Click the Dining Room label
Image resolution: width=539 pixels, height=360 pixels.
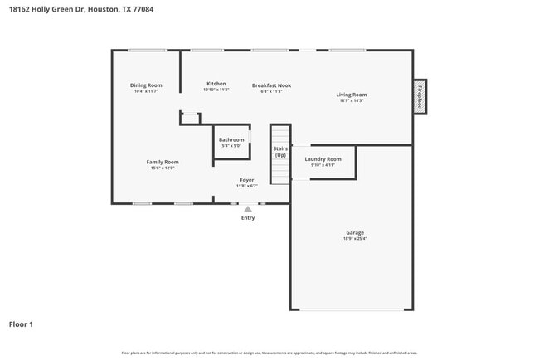point(146,85)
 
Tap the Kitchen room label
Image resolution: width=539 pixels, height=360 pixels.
point(216,84)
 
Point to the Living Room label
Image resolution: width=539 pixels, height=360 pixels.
point(351,95)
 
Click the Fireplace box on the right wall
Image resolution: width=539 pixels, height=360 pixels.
point(420,96)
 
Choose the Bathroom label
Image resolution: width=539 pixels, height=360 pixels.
point(231,139)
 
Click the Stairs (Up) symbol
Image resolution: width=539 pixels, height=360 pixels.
point(280,152)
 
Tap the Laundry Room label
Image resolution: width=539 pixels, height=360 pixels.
point(323,158)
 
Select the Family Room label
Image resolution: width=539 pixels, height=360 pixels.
point(163,162)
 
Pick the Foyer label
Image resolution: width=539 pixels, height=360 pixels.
point(246,180)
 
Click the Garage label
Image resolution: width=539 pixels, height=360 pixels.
point(355,232)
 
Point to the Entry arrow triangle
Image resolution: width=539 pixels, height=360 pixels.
point(247,209)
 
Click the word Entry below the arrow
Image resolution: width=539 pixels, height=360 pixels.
point(248,218)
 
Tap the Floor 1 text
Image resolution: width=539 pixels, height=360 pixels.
point(22,324)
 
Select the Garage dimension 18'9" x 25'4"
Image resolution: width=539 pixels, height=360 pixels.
point(355,239)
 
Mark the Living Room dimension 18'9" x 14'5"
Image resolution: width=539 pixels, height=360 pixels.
point(351,100)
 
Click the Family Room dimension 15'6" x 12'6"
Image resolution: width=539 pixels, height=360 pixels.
point(163,168)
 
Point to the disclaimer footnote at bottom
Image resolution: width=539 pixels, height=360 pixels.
point(269,353)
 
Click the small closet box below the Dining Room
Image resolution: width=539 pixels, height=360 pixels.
point(191,119)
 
